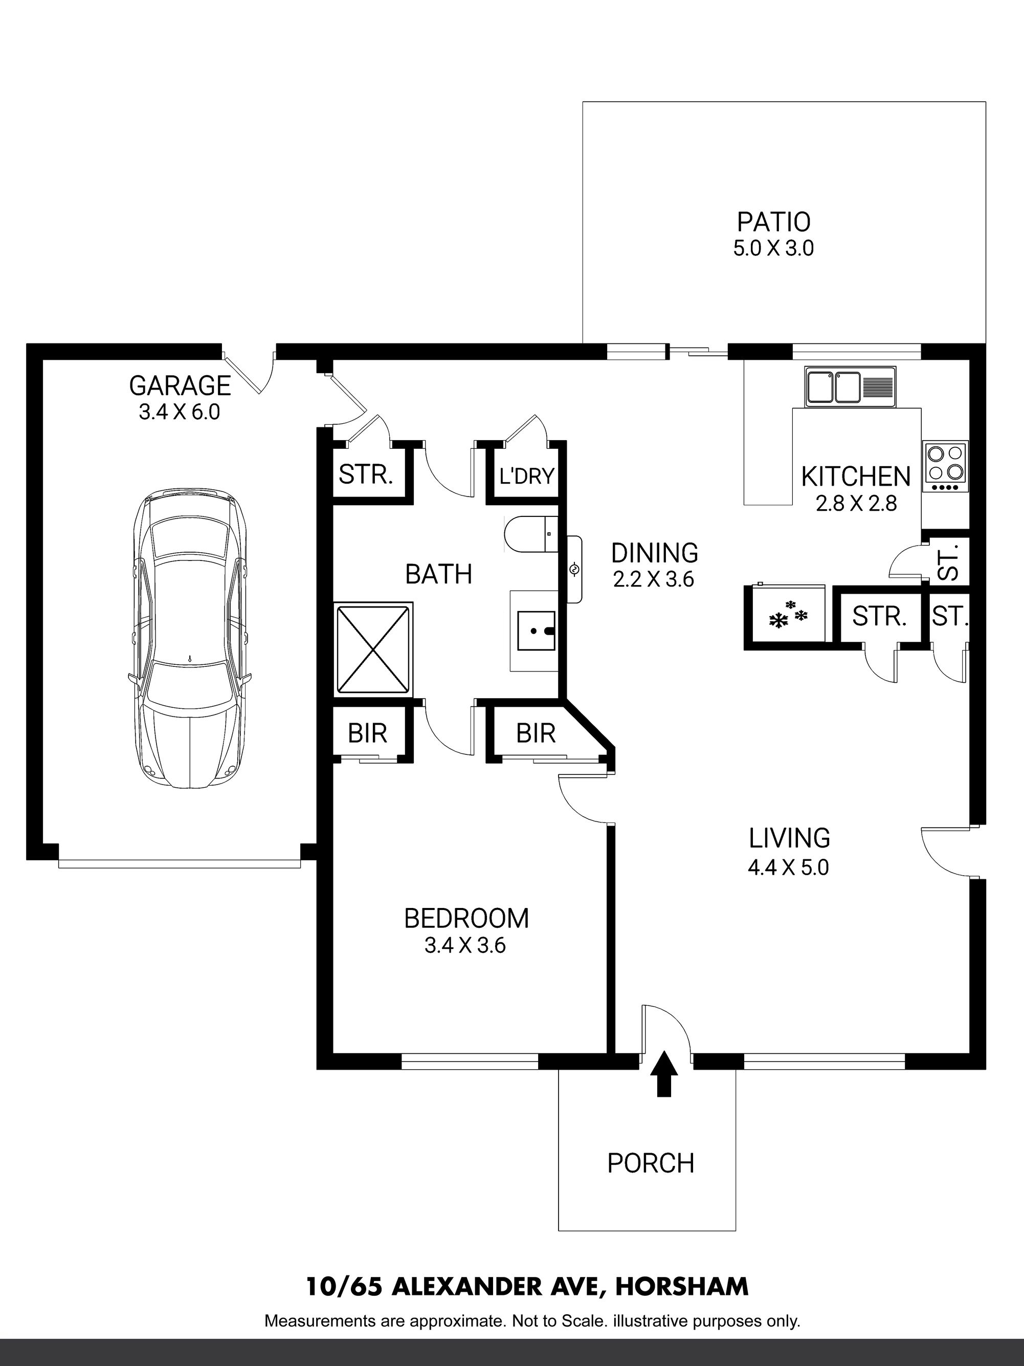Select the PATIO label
click(773, 222)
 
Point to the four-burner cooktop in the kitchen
click(946, 466)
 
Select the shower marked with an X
click(373, 649)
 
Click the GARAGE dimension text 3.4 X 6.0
click(179, 412)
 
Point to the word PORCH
click(651, 1163)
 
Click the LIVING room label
click(789, 838)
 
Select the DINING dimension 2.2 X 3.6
click(654, 580)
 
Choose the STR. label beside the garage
click(366, 475)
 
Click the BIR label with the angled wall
click(536, 733)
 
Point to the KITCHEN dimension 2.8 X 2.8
click(856, 504)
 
